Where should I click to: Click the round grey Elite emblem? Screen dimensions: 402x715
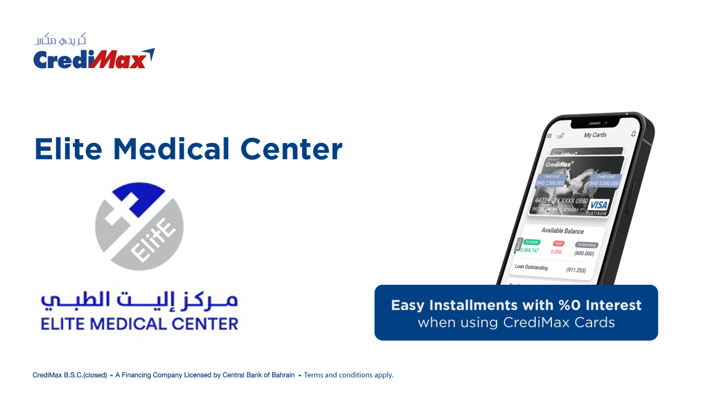[139, 226]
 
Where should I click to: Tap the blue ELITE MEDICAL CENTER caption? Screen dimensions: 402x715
[139, 323]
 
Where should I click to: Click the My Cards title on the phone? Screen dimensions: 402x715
[595, 135]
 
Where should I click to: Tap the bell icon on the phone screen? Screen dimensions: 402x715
[633, 134]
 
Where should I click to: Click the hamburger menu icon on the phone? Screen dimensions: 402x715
[549, 136]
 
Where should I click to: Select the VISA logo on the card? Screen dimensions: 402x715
[598, 205]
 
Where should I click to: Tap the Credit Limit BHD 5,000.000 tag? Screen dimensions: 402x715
[604, 180]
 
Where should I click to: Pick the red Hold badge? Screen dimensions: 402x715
[558, 243]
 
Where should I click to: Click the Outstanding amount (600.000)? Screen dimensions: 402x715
[584, 253]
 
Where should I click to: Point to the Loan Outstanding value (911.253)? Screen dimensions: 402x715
[576, 270]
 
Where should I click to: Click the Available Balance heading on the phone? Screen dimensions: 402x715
[562, 231]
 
